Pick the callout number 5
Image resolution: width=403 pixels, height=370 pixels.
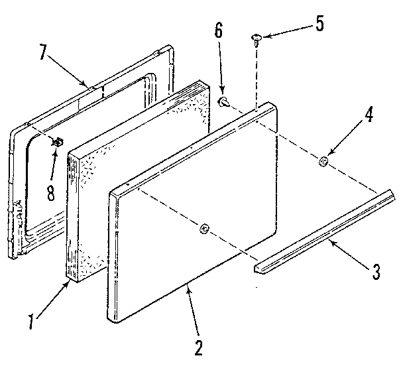[320, 25]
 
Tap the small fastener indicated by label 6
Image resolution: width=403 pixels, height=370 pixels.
[225, 101]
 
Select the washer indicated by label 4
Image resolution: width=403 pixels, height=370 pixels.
[323, 160]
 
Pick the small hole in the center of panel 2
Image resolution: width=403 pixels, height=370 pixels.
[204, 229]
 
